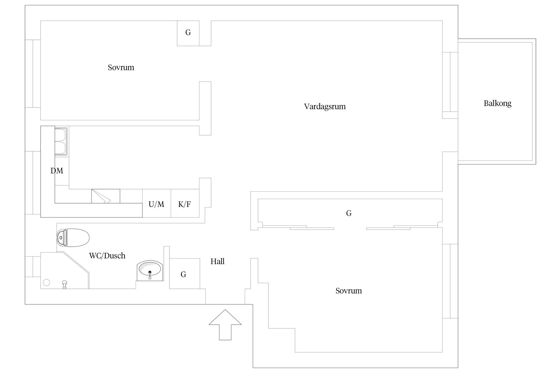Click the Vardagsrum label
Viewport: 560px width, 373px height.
pyautogui.click(x=325, y=106)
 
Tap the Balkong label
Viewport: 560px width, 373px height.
pyautogui.click(x=497, y=103)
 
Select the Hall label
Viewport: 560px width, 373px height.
pyautogui.click(x=217, y=261)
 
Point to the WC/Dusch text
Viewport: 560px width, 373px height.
pyautogui.click(x=107, y=256)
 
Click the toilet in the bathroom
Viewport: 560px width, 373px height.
pyautogui.click(x=73, y=237)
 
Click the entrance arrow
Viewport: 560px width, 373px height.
pyautogui.click(x=225, y=325)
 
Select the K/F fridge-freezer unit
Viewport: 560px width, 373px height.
pyautogui.click(x=185, y=203)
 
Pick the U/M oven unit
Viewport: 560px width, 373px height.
pyautogui.click(x=157, y=203)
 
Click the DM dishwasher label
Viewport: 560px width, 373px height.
pyautogui.click(x=57, y=170)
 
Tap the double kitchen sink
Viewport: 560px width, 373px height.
pyautogui.click(x=61, y=141)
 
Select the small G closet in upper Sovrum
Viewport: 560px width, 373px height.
pyautogui.click(x=188, y=33)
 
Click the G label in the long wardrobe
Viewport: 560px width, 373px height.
pyautogui.click(x=349, y=213)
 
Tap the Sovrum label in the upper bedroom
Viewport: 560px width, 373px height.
pyautogui.click(x=121, y=68)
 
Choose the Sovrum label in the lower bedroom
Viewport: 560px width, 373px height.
pyautogui.click(x=349, y=291)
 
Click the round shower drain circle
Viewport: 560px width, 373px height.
pyautogui.click(x=46, y=282)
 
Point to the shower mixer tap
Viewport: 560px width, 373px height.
pyautogui.click(x=65, y=284)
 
